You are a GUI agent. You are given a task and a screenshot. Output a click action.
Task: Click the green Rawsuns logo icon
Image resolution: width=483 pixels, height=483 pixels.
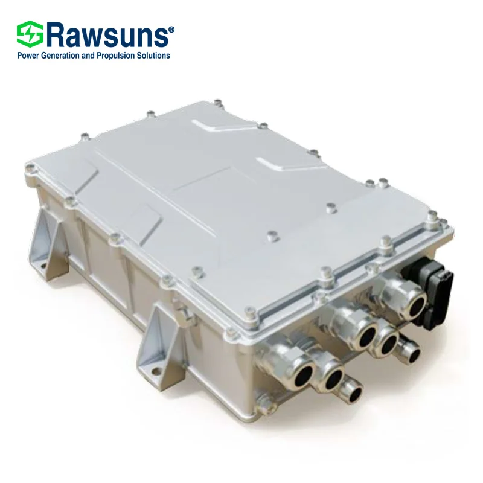[x=28, y=35]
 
